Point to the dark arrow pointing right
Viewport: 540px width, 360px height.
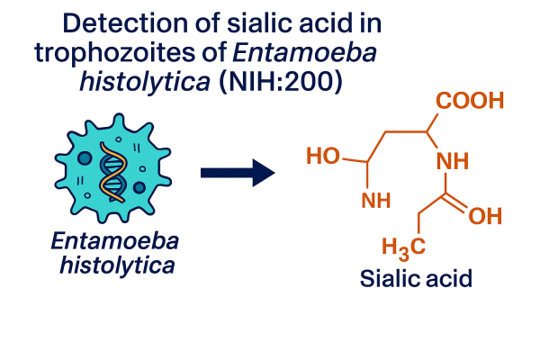(x=237, y=171)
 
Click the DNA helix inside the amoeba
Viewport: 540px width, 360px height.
(x=113, y=171)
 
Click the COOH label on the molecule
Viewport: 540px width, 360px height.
(x=471, y=101)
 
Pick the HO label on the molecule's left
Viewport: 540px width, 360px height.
(x=325, y=157)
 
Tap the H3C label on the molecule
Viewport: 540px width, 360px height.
(x=402, y=245)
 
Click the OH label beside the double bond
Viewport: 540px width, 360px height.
(x=485, y=216)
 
